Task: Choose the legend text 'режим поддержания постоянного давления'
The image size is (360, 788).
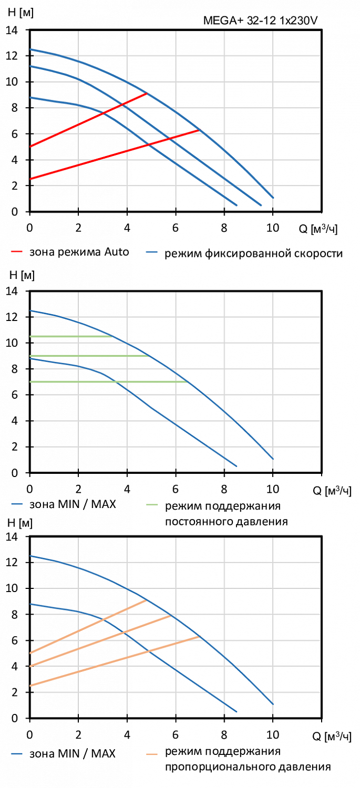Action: (x=227, y=514)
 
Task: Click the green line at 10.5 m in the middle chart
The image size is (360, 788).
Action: (x=71, y=336)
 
